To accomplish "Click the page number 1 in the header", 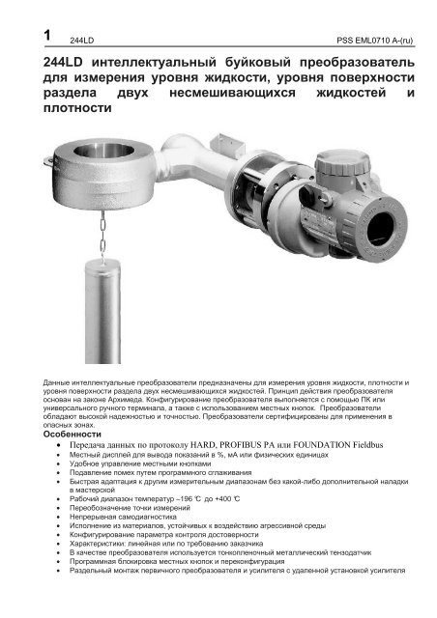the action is pos(47,36).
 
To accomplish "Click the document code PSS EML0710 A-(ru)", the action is pos(374,41).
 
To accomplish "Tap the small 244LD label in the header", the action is pos(82,41).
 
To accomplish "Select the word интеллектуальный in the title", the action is pos(154,63).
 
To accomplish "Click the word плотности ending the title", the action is pos(77,108).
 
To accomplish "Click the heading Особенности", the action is pos(73,435).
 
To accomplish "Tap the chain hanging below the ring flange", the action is pos(102,234).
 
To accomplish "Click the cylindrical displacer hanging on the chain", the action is pos(102,311).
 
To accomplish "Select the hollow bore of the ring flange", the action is pos(103,150).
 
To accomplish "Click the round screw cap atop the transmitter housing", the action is pos(342,162).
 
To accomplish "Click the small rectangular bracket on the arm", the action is pos(228,146).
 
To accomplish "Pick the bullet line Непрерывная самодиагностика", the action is pos(123,517).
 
